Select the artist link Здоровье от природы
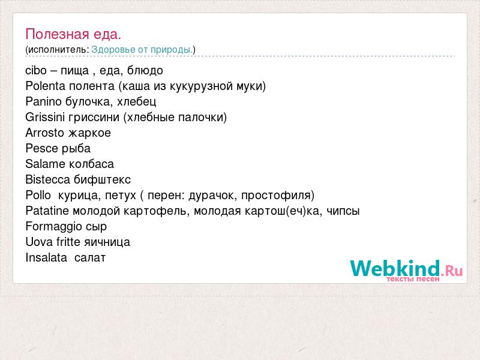tap(142, 50)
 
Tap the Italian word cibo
tap(36, 70)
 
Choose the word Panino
tap(43, 101)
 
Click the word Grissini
tap(45, 117)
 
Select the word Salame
tap(45, 164)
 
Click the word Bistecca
tap(48, 179)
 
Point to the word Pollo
tap(38, 196)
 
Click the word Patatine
tap(47, 211)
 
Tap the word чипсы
tap(343, 212)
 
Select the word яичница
tap(107, 242)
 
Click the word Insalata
tap(46, 258)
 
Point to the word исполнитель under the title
tap(58, 50)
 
